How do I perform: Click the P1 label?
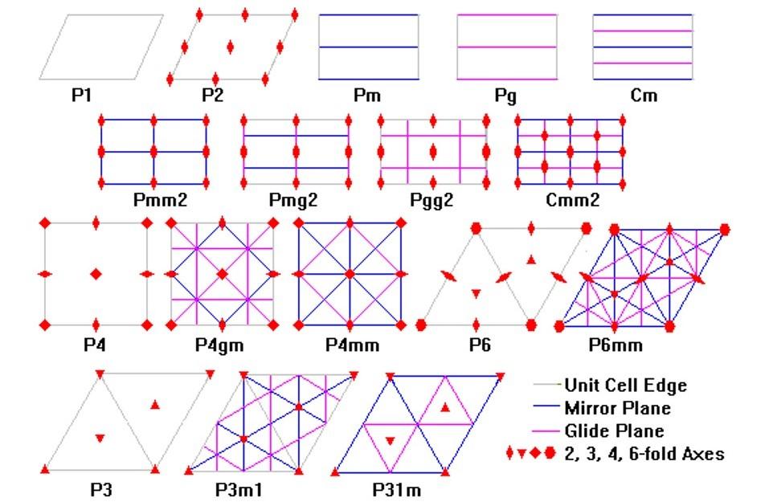point(82,96)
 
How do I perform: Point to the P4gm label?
point(219,345)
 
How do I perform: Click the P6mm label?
point(616,345)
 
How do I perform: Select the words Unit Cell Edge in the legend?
point(625,386)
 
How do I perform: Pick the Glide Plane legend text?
point(614,431)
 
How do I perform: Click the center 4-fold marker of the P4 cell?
point(96,275)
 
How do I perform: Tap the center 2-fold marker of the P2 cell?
point(231,47)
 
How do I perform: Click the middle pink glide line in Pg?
point(506,47)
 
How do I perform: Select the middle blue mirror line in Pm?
point(368,47)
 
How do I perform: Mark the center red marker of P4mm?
point(350,275)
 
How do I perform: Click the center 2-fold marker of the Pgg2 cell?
point(433,151)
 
